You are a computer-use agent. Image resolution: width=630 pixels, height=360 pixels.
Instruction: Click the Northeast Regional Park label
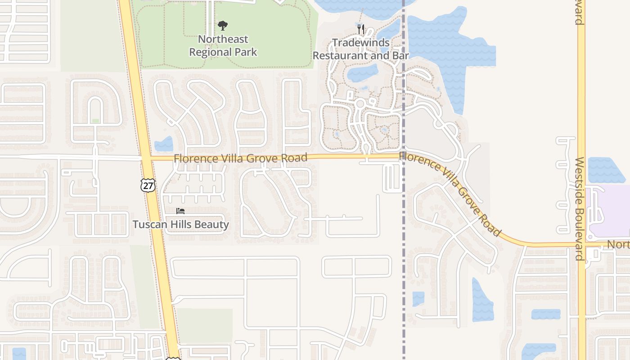click(x=223, y=45)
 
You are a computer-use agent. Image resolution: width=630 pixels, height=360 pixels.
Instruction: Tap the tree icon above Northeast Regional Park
click(x=222, y=26)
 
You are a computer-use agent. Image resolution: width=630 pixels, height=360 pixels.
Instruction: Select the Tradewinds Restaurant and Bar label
click(x=360, y=49)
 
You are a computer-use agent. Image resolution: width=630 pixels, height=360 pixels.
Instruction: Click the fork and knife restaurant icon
click(x=360, y=29)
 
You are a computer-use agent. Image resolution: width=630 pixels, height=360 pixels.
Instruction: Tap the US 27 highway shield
click(x=148, y=185)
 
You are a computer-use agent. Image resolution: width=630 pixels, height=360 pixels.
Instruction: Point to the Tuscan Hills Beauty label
click(x=180, y=224)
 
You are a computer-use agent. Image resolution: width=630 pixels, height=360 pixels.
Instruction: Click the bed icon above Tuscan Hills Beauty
click(x=180, y=211)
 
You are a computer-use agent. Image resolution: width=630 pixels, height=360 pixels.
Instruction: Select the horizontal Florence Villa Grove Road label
click(x=240, y=158)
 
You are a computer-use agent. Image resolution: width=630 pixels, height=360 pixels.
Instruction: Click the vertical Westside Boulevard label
click(x=580, y=209)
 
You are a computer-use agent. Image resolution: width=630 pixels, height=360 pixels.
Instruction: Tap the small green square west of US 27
click(x=95, y=121)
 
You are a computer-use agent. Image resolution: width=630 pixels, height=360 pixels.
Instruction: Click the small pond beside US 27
click(x=164, y=144)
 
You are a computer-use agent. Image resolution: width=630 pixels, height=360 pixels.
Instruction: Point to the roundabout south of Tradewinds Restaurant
click(x=360, y=104)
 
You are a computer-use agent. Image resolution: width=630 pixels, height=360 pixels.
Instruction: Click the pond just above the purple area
click(x=605, y=170)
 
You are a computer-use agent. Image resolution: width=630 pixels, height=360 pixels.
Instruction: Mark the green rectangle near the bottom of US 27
click(x=205, y=325)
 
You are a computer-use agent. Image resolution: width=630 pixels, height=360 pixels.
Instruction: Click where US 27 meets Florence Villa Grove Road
click(x=146, y=158)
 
